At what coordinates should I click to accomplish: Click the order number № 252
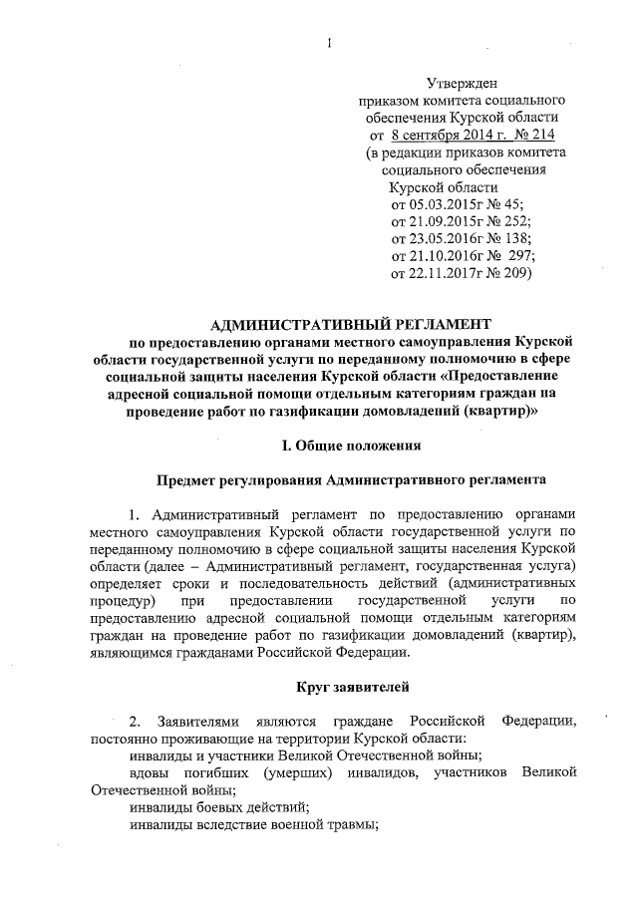click(509, 219)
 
